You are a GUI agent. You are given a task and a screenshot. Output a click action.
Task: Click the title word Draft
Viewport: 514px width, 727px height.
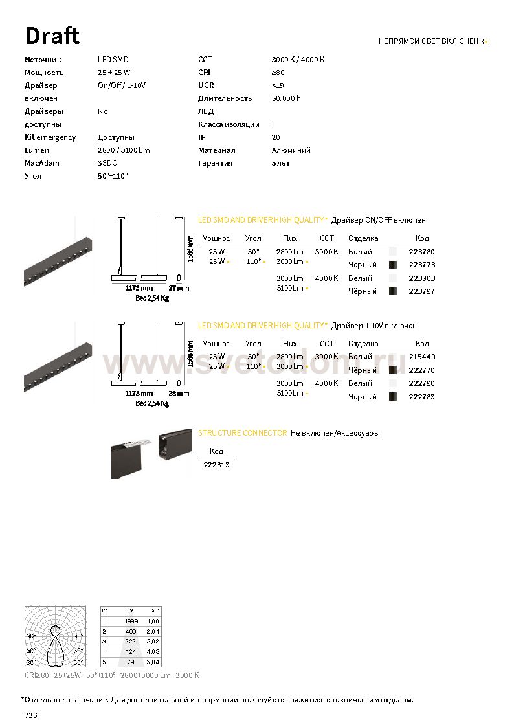(x=52, y=36)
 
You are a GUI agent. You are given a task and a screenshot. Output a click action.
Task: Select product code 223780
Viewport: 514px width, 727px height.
(x=421, y=252)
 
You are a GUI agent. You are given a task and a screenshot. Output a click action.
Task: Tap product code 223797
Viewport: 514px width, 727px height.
(x=421, y=291)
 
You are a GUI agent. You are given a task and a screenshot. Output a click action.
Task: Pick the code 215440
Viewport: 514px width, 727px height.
(x=421, y=357)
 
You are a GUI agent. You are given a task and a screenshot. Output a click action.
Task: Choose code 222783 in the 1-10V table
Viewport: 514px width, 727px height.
(x=421, y=397)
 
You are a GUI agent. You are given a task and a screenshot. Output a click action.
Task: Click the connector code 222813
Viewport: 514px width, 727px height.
(x=216, y=465)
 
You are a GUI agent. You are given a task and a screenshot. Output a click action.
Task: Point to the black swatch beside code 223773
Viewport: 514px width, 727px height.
(x=392, y=265)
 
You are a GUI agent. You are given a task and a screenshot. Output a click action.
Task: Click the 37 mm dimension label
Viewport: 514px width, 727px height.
(x=179, y=287)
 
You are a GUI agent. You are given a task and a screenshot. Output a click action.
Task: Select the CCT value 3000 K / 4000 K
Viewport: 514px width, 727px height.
(x=298, y=60)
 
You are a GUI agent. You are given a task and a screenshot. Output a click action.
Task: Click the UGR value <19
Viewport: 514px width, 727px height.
(x=278, y=85)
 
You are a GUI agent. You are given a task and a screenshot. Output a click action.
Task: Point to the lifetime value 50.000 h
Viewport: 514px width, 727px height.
(x=286, y=98)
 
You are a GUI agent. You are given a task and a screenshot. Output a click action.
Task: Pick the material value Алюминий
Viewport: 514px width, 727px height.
(x=291, y=150)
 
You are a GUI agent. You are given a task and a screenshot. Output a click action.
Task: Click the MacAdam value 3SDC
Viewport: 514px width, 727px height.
(x=107, y=163)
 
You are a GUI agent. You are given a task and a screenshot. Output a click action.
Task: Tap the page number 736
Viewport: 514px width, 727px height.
(x=31, y=715)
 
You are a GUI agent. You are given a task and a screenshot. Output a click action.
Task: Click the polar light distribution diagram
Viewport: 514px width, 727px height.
(x=55, y=636)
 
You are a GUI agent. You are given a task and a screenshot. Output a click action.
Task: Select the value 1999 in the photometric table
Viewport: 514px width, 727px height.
(x=131, y=621)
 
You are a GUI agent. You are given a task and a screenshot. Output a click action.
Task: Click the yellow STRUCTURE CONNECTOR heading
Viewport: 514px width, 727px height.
(x=242, y=432)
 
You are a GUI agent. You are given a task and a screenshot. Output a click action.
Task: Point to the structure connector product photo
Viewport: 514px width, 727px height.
(x=151, y=453)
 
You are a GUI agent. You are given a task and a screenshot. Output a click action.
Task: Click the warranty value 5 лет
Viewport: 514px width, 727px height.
(x=281, y=163)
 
